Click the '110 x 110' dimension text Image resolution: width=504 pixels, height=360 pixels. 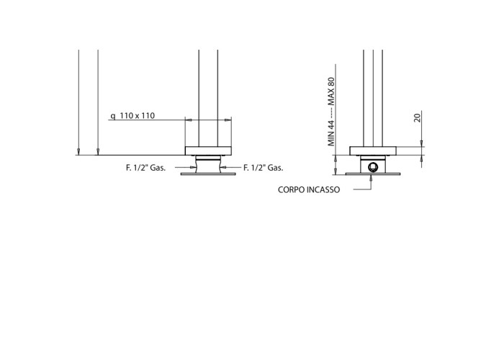[x=138, y=116]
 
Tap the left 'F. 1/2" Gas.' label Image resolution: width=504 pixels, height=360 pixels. [x=145, y=168]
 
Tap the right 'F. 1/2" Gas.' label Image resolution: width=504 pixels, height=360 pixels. [x=264, y=168]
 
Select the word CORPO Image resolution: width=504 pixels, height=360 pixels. [x=291, y=189]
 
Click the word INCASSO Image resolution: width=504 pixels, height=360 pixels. [x=323, y=189]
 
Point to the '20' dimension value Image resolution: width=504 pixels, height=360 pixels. [x=417, y=117]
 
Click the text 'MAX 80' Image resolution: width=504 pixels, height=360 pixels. [x=331, y=91]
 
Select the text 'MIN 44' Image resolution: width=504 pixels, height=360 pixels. [x=331, y=133]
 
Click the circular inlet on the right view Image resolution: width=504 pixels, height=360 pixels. [x=373, y=167]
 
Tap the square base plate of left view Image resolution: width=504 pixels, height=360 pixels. [x=208, y=150]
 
